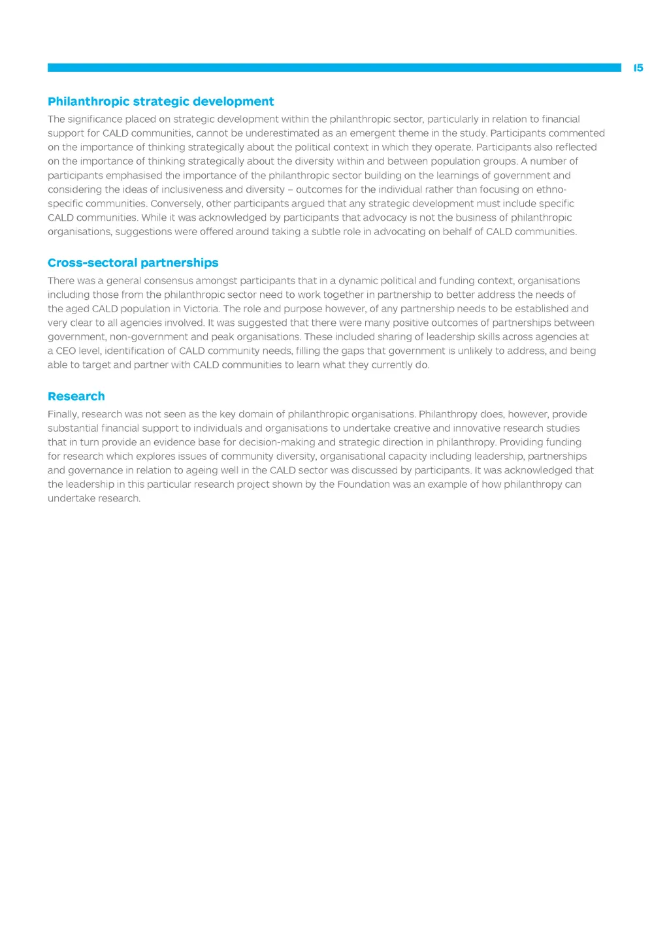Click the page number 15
point(638,68)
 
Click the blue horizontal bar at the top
point(334,67)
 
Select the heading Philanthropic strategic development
point(161,101)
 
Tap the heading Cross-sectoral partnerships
point(133,263)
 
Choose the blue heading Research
point(76,396)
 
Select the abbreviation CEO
point(65,351)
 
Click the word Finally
point(62,415)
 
